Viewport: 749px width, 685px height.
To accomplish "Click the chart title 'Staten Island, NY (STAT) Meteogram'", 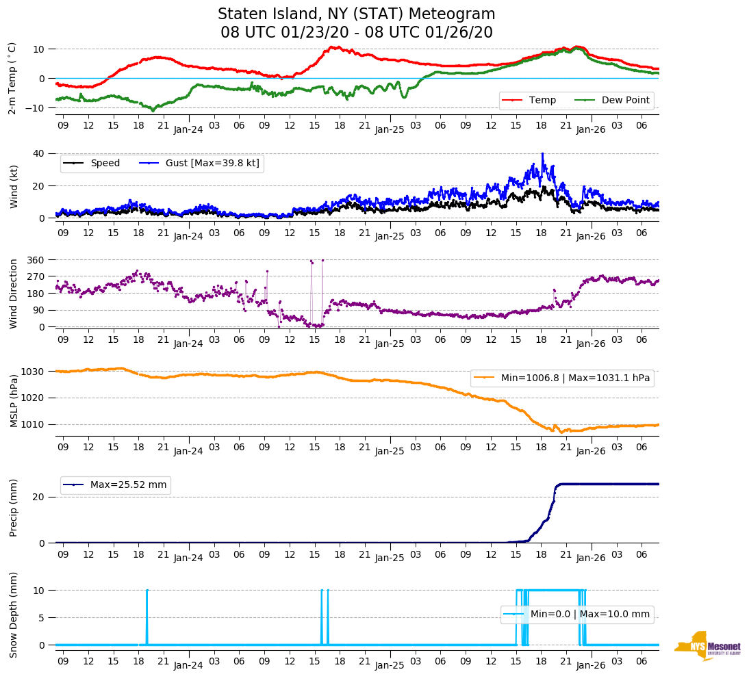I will click(356, 14).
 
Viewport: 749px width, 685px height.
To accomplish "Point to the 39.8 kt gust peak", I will click(542, 154).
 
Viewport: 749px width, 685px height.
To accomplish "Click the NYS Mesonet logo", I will click(707, 647).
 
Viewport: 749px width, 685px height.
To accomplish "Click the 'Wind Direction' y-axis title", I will click(13, 293).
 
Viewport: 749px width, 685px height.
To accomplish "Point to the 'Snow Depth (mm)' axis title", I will click(13, 617).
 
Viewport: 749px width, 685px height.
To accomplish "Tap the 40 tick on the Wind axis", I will click(40, 153).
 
